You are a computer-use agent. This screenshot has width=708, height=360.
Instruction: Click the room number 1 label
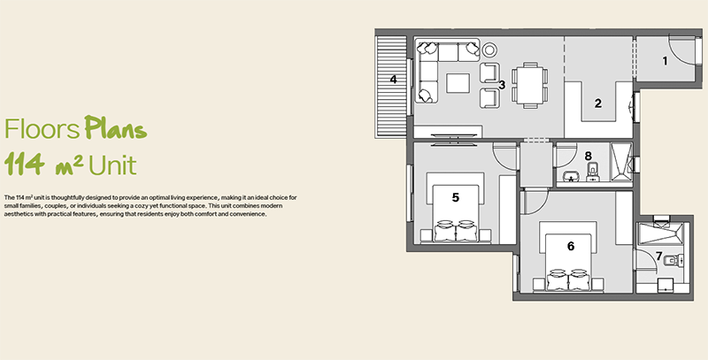pos(665,60)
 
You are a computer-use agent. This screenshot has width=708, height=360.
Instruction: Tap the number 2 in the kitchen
pos(598,103)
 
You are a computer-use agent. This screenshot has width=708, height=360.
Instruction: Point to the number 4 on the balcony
pos(393,79)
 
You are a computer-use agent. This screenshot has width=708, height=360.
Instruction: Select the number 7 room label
pos(658,257)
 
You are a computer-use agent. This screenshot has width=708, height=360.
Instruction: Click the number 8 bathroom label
pos(588,156)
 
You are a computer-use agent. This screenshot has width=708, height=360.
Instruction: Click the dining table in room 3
pos(530,85)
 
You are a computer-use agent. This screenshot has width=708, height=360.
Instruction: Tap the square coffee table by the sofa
pos(458,83)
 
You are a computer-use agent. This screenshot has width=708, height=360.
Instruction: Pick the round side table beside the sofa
pos(489,50)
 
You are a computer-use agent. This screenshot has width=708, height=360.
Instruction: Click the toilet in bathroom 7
pos(674,260)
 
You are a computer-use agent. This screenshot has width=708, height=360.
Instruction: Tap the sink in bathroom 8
pos(571,175)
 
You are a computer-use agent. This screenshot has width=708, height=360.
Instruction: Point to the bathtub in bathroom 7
pos(659,234)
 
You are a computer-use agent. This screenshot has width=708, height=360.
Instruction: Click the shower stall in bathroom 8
pos(621,162)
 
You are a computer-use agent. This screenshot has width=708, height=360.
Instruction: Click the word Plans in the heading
pos(116,128)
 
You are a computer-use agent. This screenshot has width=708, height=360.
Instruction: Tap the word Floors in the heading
pos(42,129)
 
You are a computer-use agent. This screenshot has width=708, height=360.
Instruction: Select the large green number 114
pos(25,164)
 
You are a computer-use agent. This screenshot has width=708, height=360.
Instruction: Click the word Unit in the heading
pos(112,165)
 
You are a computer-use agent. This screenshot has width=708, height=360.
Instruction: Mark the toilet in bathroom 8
pos(591,172)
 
